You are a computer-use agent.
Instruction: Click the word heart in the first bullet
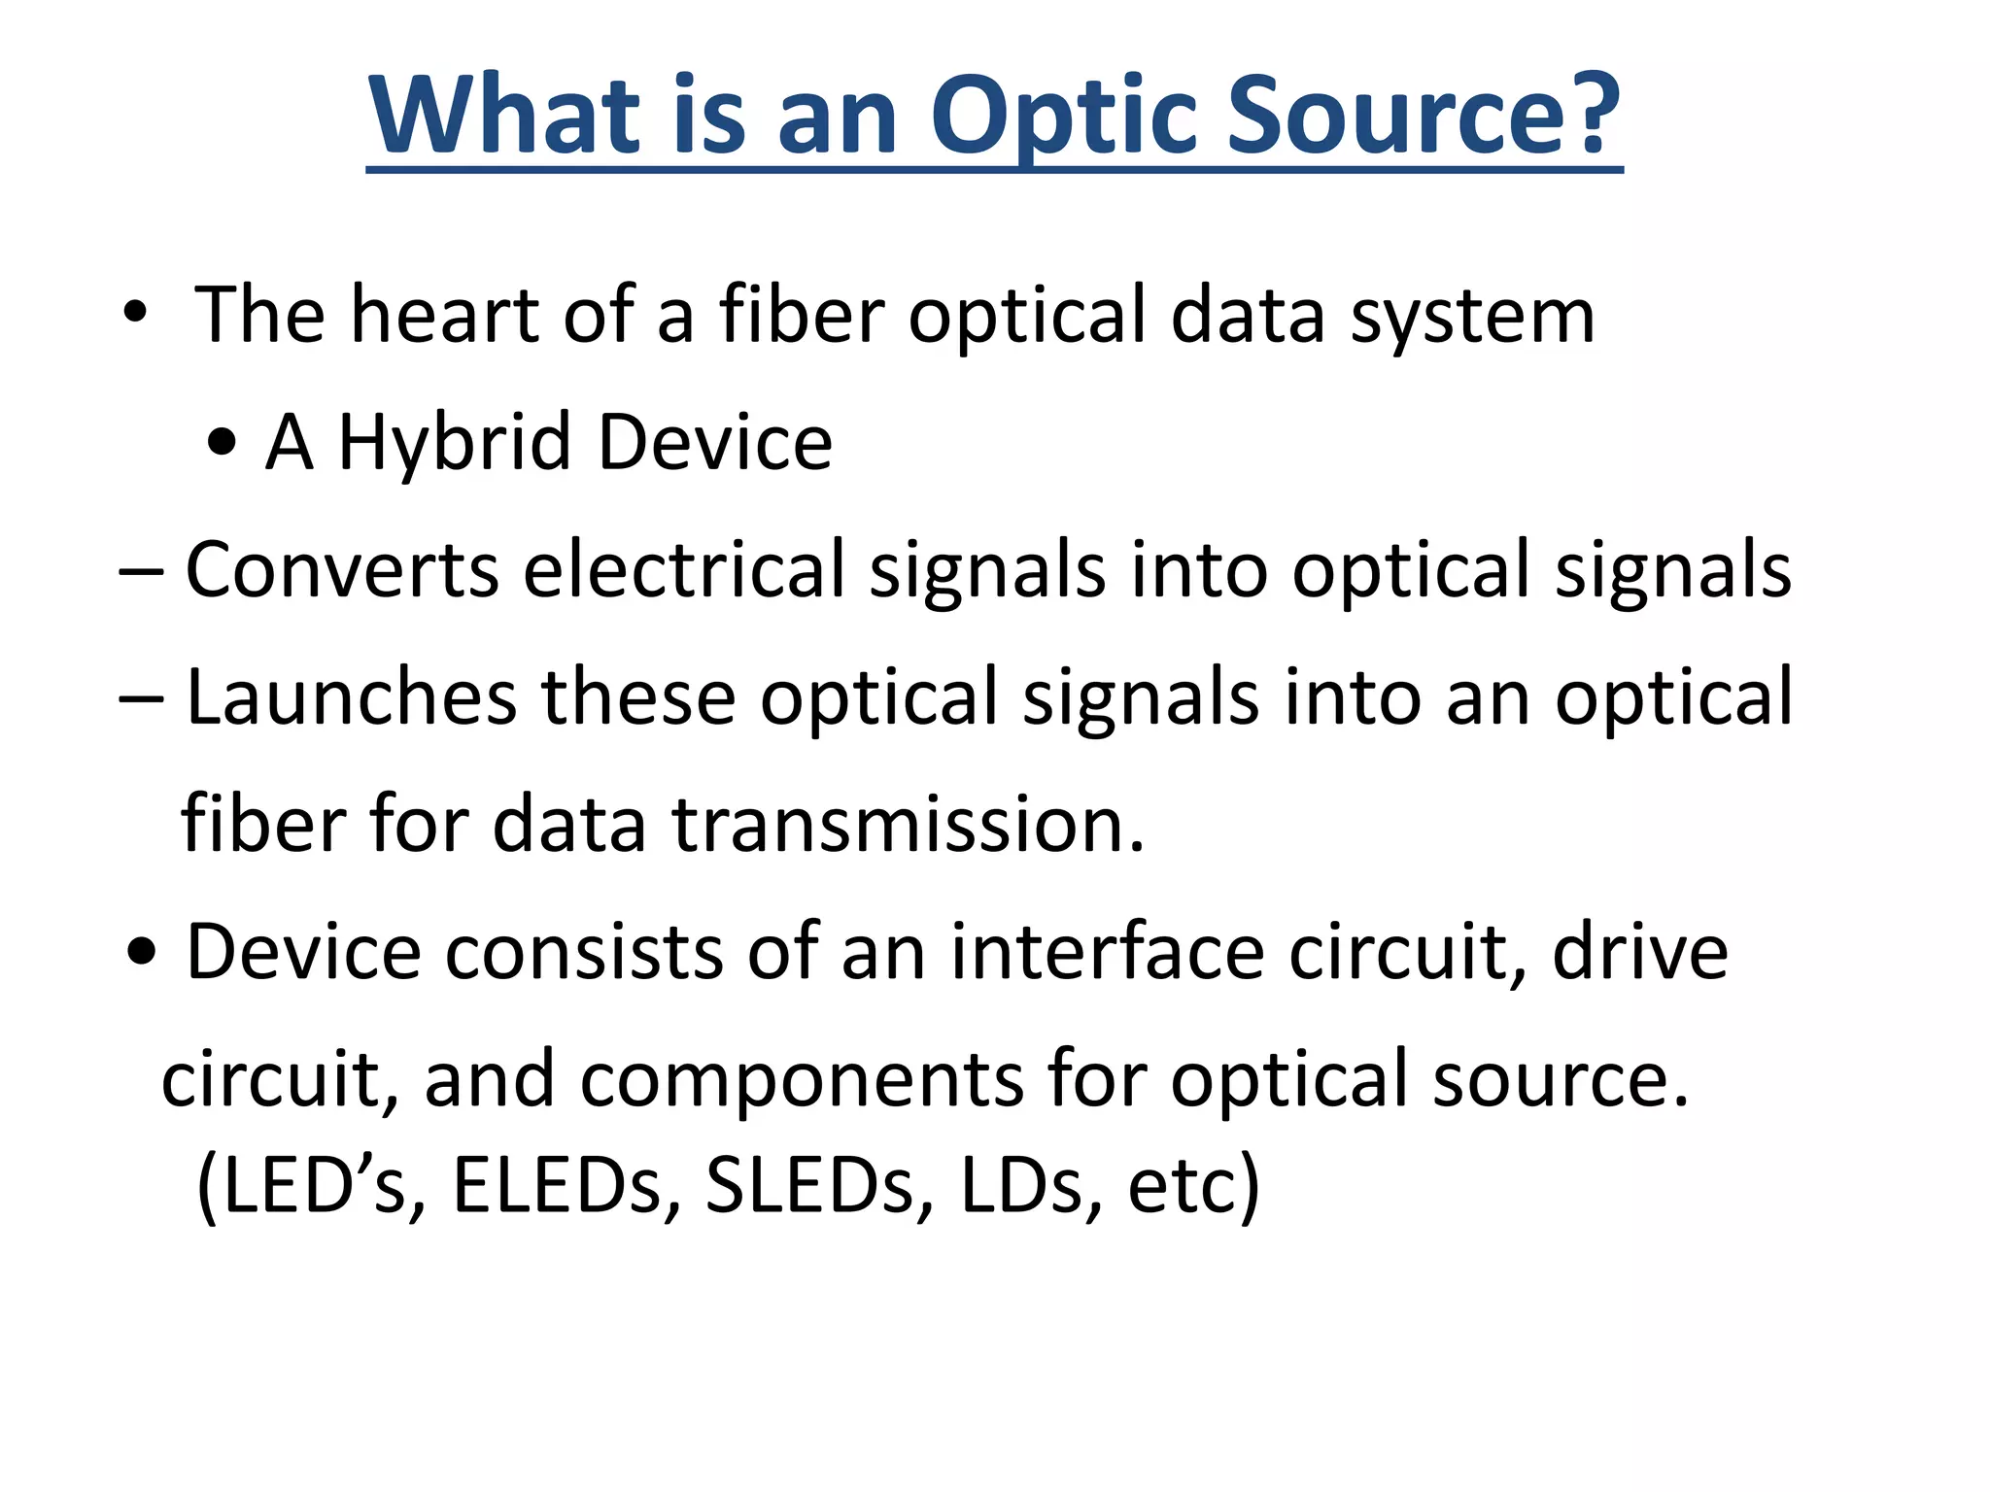click(x=445, y=315)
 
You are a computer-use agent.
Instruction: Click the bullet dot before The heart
click(x=135, y=314)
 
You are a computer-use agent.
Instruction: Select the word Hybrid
click(x=454, y=445)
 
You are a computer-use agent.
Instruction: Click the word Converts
click(x=342, y=570)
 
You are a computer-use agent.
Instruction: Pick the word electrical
click(x=684, y=570)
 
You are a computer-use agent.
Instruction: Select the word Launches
click(x=351, y=696)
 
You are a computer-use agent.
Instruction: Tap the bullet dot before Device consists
click(x=142, y=953)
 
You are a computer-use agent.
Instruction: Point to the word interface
click(x=1107, y=951)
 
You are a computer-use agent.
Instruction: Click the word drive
click(x=1640, y=951)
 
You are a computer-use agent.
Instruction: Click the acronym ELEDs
click(x=557, y=1185)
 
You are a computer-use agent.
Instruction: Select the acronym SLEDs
click(x=810, y=1185)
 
